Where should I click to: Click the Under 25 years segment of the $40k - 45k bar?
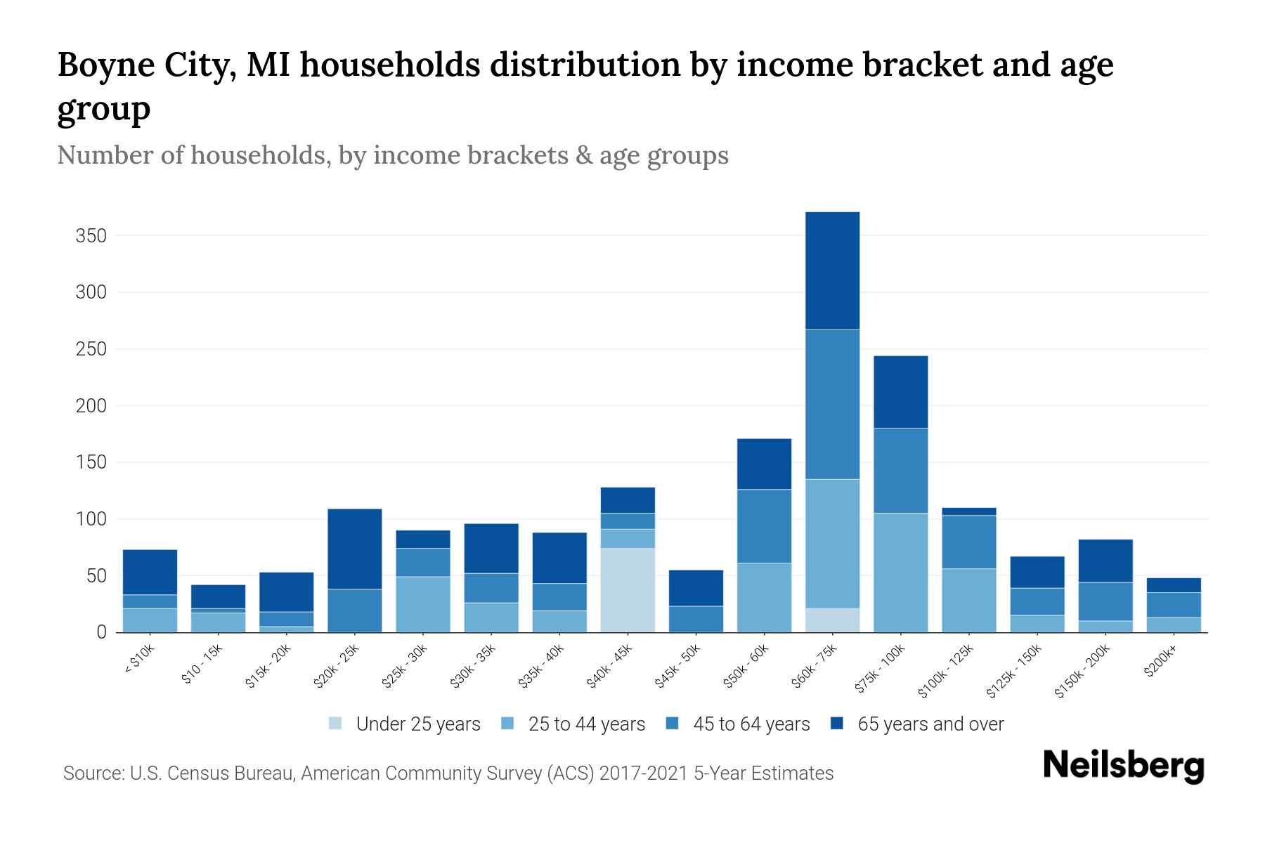pyautogui.click(x=628, y=590)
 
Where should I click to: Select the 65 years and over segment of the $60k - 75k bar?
pyautogui.click(x=832, y=270)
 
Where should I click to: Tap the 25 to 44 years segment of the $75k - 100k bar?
pyautogui.click(x=900, y=573)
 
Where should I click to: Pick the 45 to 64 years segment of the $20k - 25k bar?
pyautogui.click(x=354, y=610)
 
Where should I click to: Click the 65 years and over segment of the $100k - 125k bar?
pyautogui.click(x=968, y=511)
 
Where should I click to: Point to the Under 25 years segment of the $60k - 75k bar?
pyautogui.click(x=832, y=620)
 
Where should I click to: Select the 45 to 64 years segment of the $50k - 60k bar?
pyautogui.click(x=764, y=526)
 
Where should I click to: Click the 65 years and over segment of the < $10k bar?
pyautogui.click(x=150, y=572)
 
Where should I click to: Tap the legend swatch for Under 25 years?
pyautogui.click(x=336, y=724)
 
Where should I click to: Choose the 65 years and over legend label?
pyautogui.click(x=930, y=724)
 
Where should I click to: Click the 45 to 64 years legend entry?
pyautogui.click(x=751, y=724)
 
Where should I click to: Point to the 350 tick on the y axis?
pyautogui.click(x=91, y=235)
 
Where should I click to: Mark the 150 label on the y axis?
pyautogui.click(x=91, y=462)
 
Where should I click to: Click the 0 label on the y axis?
pyautogui.click(x=101, y=632)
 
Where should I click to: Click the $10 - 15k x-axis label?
pyautogui.click(x=202, y=665)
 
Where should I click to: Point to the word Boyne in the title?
pyautogui.click(x=105, y=65)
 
